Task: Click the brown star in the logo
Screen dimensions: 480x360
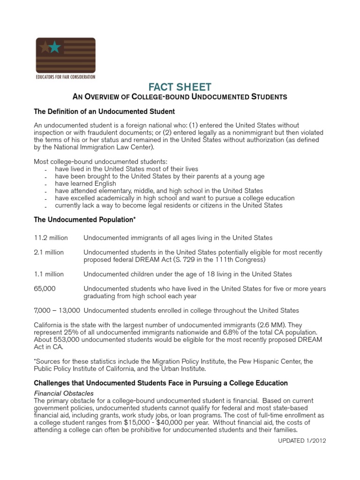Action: [x=45, y=47]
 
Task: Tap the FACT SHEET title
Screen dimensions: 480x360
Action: [x=180, y=87]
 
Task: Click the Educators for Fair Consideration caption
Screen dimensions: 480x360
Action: [x=66, y=76]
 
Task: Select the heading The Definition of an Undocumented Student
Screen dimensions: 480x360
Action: [x=105, y=112]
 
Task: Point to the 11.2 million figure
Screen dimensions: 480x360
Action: [x=49, y=238]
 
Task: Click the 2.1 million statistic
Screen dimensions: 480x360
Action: [x=49, y=252]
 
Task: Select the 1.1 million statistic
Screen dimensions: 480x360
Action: [x=49, y=274]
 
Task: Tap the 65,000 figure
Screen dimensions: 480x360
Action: [x=45, y=288]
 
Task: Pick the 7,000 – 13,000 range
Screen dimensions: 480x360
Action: [x=57, y=310]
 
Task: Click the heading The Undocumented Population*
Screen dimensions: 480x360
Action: [x=85, y=219]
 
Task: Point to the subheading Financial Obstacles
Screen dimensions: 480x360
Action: [x=64, y=393]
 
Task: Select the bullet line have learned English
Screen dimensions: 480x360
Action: [x=85, y=184]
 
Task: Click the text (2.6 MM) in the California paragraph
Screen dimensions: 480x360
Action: [x=270, y=325]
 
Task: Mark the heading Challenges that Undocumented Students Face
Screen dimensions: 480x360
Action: [x=161, y=383]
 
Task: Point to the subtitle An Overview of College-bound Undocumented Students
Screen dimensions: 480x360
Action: [x=180, y=97]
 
